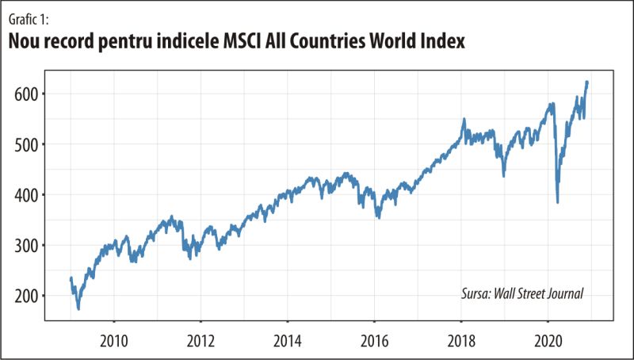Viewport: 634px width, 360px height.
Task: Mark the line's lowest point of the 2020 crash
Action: tap(558, 202)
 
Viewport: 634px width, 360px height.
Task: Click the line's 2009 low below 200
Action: tap(78, 308)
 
